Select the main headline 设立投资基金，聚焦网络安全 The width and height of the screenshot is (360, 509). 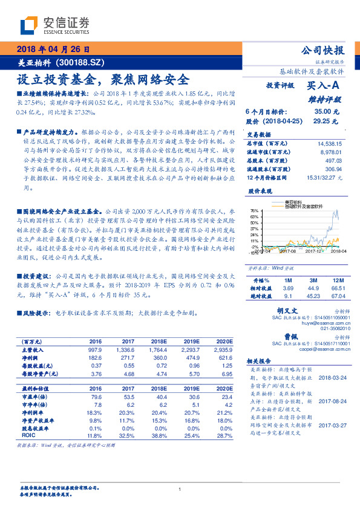tap(103, 79)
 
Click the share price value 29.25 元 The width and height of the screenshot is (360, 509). tap(322, 121)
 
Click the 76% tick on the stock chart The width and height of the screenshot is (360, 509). tap(255, 211)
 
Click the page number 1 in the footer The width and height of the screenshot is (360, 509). tap(180, 489)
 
